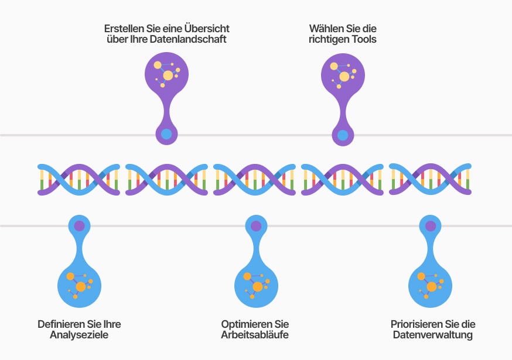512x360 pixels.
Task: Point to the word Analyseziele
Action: tap(79, 335)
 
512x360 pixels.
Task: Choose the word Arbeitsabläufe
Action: tap(255, 335)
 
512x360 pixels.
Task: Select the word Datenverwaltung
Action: tap(432, 335)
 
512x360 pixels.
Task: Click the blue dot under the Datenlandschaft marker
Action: tap(167, 134)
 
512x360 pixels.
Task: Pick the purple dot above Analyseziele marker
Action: tap(79, 225)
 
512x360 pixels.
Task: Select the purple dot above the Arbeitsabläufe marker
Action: tap(256, 226)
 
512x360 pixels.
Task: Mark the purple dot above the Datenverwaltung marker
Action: tap(431, 226)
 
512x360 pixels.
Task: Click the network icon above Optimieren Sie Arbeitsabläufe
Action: tap(256, 283)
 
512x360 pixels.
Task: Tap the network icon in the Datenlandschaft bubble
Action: tap(166, 73)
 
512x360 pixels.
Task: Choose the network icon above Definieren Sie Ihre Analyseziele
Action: tap(79, 283)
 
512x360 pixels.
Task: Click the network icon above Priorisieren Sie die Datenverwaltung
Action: tap(431, 283)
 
